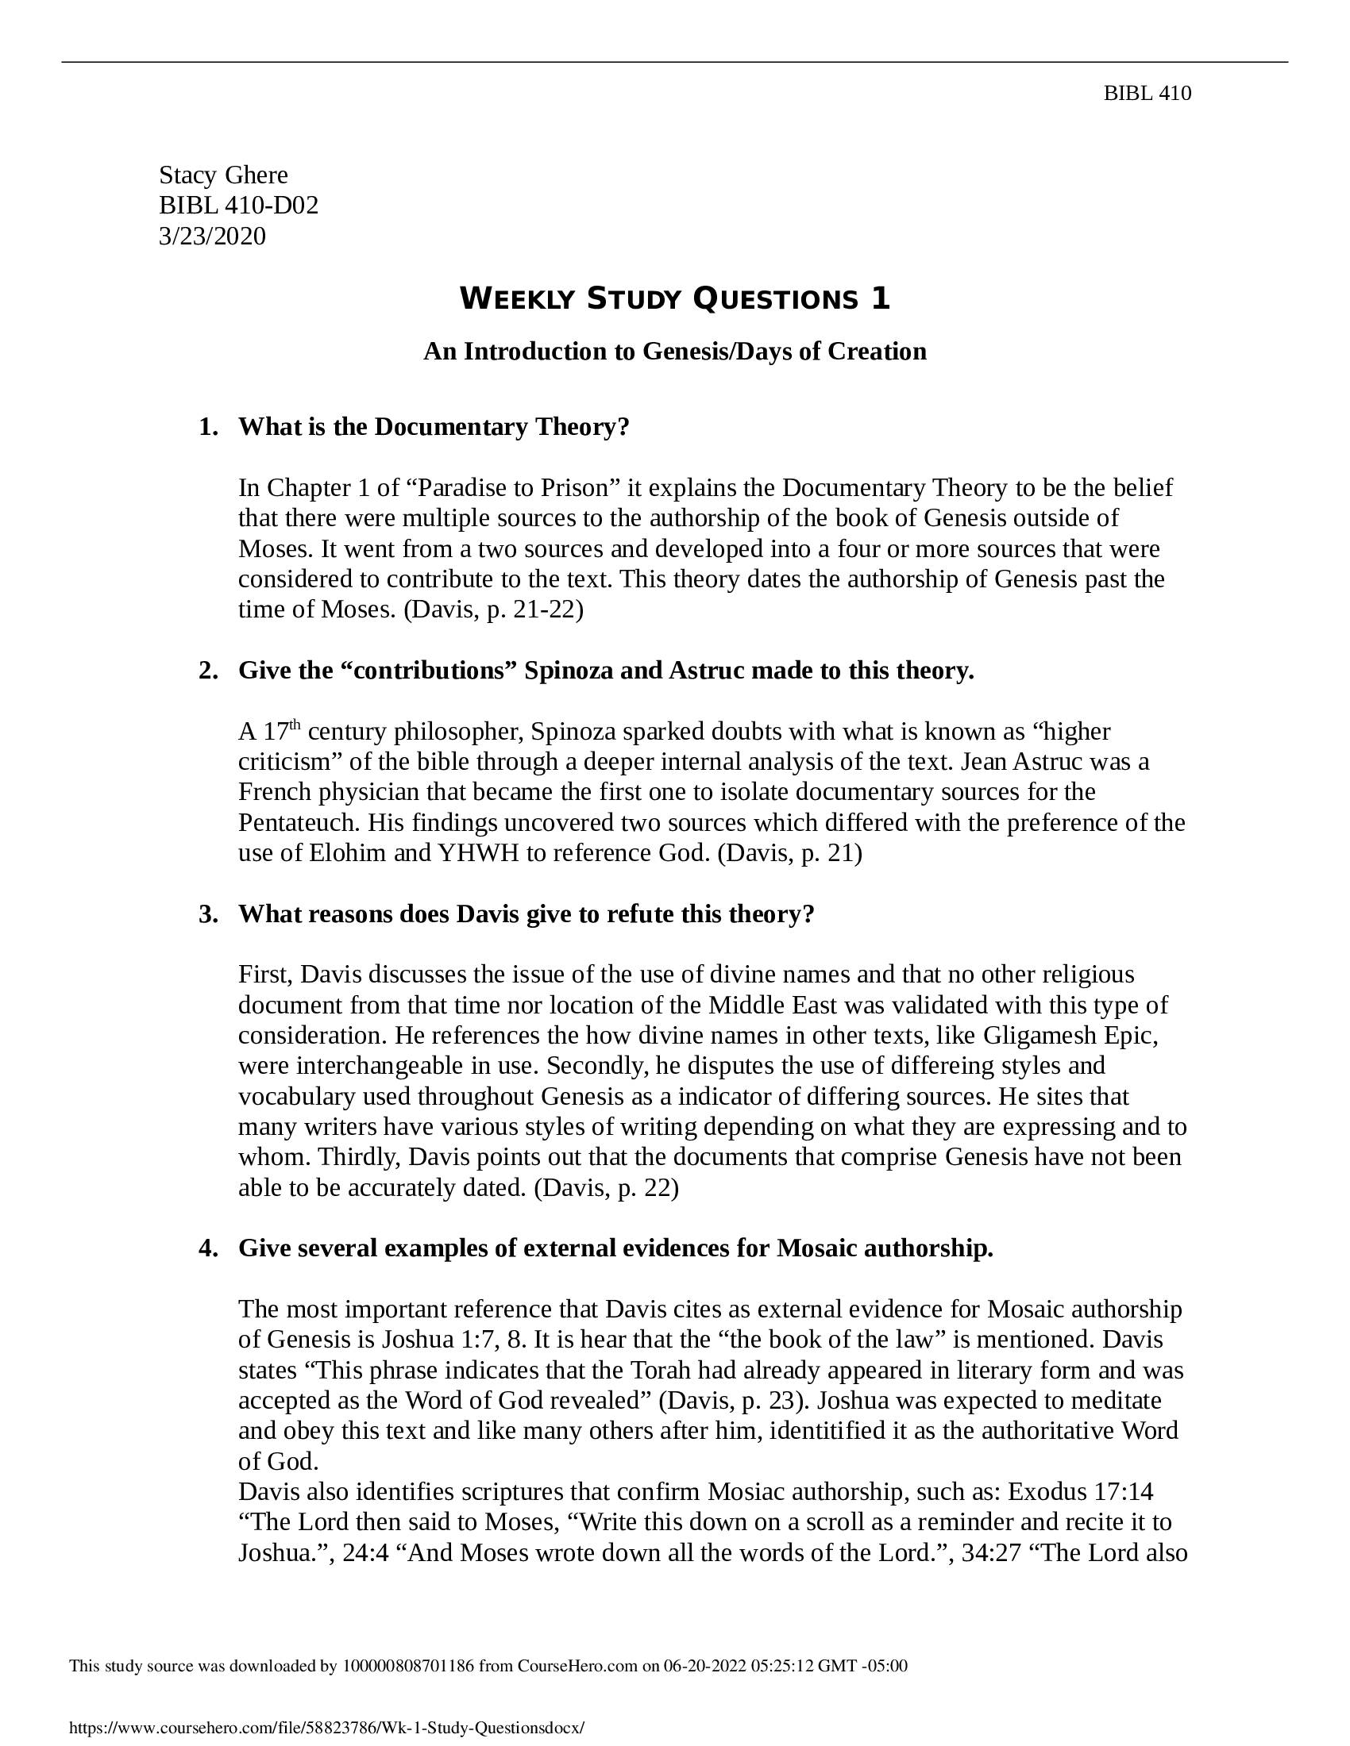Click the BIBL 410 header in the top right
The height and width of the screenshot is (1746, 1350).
pyautogui.click(x=1147, y=94)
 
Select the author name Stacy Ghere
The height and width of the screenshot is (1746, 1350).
pyautogui.click(x=223, y=175)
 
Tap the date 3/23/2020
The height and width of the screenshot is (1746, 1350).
pyautogui.click(x=212, y=237)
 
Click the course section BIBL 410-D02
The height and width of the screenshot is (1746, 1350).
pyautogui.click(x=238, y=206)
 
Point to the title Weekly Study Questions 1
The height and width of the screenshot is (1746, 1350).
pyautogui.click(x=674, y=299)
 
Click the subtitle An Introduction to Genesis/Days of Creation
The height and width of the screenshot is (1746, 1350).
pyautogui.click(x=674, y=351)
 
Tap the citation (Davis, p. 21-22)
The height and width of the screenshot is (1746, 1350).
pyautogui.click(x=493, y=610)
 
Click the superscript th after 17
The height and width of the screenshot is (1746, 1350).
pyautogui.click(x=295, y=725)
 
